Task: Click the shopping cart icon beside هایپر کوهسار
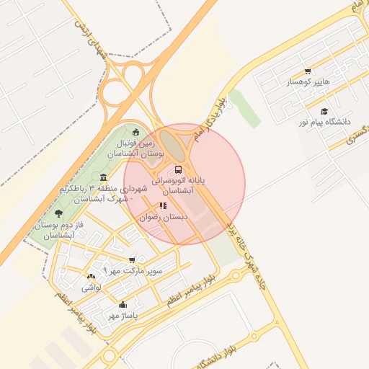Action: pyautogui.click(x=308, y=71)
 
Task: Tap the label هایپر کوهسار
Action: pyautogui.click(x=308, y=82)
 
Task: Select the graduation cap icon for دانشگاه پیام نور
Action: pyautogui.click(x=324, y=112)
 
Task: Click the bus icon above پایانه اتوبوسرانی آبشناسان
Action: pyautogui.click(x=178, y=170)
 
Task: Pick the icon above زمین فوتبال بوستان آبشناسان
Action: pyautogui.click(x=136, y=131)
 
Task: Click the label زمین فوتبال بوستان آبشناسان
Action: pyautogui.click(x=136, y=148)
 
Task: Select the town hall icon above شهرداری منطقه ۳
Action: pyautogui.click(x=104, y=177)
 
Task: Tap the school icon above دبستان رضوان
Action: pyautogui.click(x=163, y=206)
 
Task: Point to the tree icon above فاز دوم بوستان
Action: pyautogui.click(x=58, y=213)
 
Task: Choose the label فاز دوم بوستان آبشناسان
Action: pyautogui.click(x=55, y=231)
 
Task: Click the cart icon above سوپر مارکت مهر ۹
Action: pyautogui.click(x=131, y=260)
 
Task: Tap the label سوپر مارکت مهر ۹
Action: pyautogui.click(x=133, y=271)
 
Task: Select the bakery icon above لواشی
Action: pyautogui.click(x=91, y=277)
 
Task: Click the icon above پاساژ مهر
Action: pyautogui.click(x=123, y=304)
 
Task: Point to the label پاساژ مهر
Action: pyautogui.click(x=123, y=315)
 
